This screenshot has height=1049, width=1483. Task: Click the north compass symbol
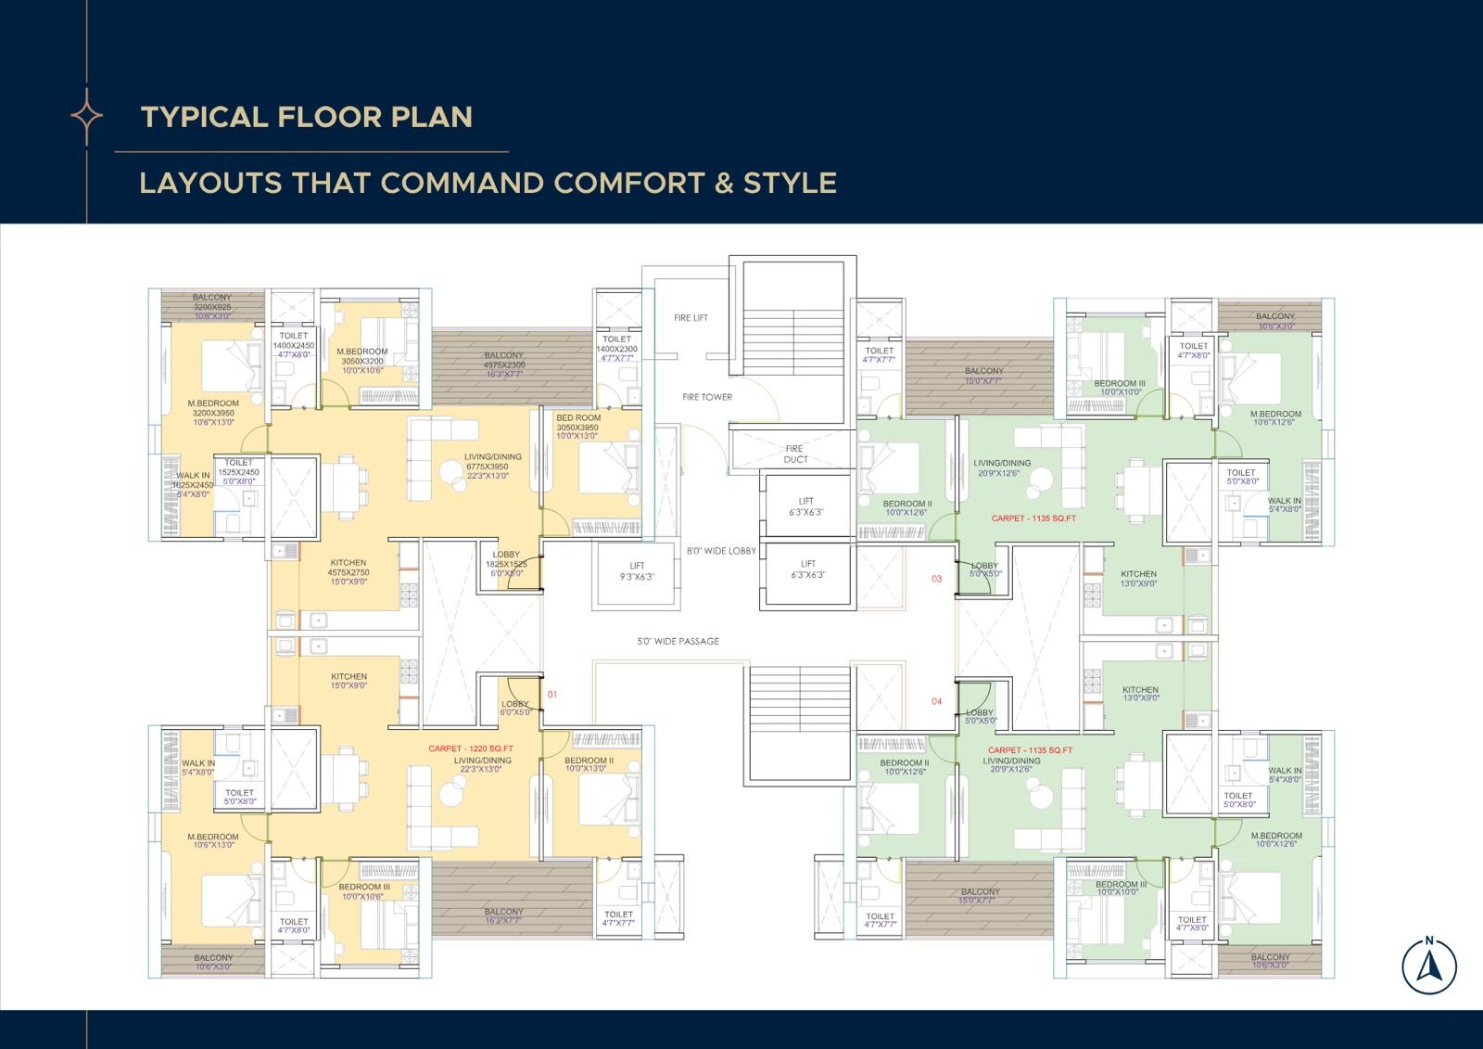(1428, 966)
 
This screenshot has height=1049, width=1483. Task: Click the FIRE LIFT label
(691, 318)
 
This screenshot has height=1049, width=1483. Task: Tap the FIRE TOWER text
(707, 397)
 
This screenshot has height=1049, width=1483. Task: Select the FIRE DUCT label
(795, 454)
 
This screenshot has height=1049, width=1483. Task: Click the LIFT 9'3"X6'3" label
(637, 570)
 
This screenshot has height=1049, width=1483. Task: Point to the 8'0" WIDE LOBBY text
(721, 551)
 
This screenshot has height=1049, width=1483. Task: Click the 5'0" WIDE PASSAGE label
(678, 641)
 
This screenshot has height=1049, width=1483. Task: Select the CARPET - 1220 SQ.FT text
(471, 748)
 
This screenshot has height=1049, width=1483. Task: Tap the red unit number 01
(553, 694)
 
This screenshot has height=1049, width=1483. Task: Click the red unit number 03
(936, 579)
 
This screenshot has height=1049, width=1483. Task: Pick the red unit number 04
(936, 701)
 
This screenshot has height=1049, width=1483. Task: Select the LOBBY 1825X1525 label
(506, 564)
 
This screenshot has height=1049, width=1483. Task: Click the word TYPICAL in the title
(203, 117)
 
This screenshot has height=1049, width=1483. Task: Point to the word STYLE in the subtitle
(789, 183)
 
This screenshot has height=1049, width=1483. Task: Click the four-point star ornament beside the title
(87, 116)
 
